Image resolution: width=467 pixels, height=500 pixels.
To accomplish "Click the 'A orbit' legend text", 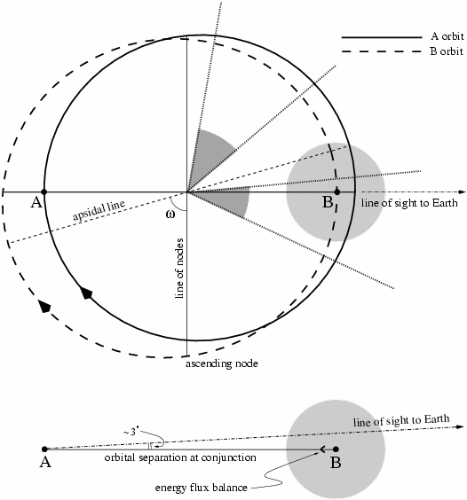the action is point(447,36).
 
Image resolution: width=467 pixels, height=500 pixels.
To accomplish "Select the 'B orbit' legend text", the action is point(447,51).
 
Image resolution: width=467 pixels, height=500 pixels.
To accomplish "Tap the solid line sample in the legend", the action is point(382,37).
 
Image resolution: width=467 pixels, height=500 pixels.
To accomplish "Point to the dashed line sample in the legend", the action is point(382,51).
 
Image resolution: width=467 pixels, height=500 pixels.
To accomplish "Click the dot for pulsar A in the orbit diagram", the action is point(44,192).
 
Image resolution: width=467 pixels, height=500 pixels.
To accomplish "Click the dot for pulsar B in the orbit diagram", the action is point(337,192).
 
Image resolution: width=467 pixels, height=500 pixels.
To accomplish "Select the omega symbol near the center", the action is point(170,215).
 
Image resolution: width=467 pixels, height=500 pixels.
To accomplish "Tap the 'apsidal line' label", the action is point(99,210).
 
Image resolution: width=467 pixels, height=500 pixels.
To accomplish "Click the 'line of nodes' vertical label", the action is point(179,269).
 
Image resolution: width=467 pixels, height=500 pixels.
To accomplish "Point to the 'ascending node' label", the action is point(222,363).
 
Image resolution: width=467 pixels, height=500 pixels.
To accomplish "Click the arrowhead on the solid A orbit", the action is point(86,293).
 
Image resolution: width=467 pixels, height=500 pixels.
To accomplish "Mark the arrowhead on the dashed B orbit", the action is point(44,307).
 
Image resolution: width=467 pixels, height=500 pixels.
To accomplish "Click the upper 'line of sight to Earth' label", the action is point(409,203).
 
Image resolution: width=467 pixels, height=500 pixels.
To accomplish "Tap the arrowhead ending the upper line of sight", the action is point(463,192).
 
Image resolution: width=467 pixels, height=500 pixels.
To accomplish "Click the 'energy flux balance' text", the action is point(202,488).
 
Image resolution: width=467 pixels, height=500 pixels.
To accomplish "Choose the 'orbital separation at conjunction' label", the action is point(180,457).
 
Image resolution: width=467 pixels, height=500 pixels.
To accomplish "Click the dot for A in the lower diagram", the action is point(44,449).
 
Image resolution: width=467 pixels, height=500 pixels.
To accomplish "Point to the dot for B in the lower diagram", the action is point(336,449).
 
